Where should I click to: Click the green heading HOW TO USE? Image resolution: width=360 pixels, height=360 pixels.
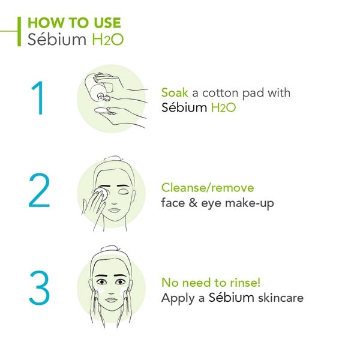74,23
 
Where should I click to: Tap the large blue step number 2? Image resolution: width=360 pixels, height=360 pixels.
38,191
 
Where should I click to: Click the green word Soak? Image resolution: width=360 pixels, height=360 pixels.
175,93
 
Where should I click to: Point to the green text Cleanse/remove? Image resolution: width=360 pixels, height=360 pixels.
208,188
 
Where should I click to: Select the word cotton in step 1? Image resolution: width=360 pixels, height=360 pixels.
220,93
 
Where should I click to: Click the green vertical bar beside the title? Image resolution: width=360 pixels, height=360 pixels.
20,31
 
